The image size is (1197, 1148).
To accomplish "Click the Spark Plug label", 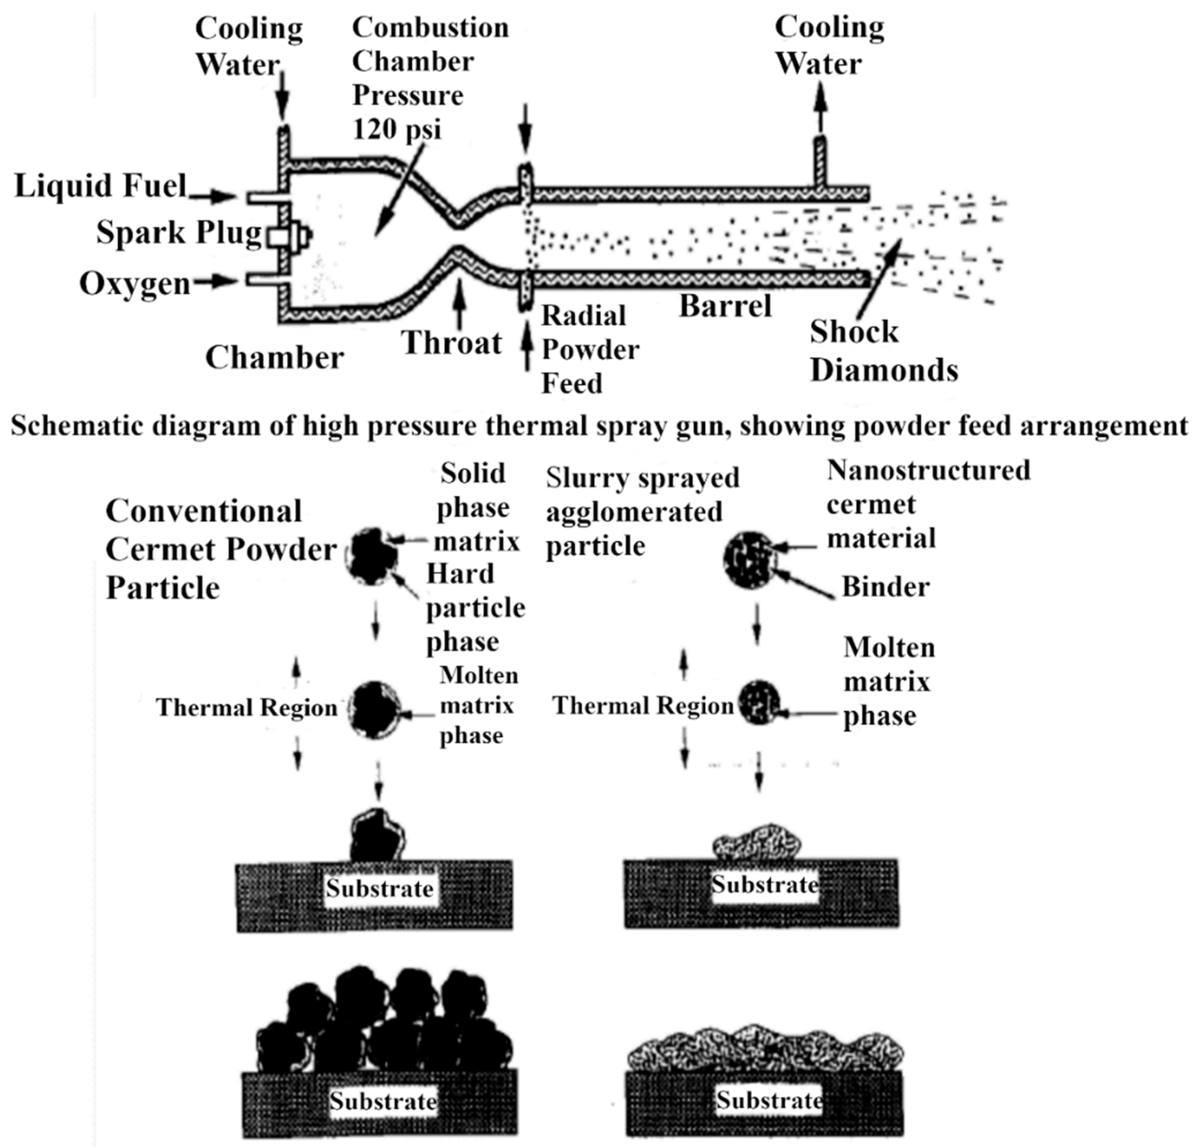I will (x=178, y=233).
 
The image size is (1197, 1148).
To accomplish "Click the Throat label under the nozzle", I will (x=452, y=343).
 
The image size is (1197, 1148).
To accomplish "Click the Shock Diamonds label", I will (x=883, y=351).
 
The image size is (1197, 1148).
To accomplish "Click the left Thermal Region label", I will (x=246, y=708).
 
